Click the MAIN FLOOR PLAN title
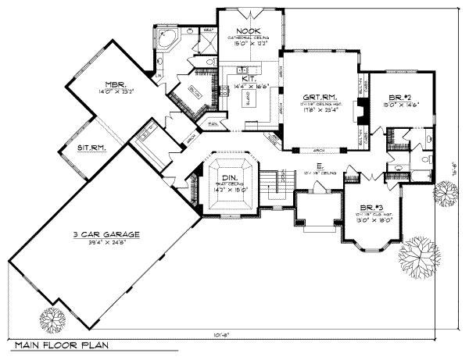(60, 344)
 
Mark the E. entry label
(320, 166)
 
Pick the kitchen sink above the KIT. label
(243, 70)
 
